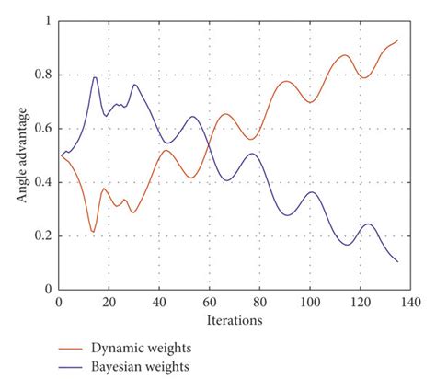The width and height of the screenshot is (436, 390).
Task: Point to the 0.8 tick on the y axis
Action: (42, 75)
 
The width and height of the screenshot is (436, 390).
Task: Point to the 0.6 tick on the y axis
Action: (42, 128)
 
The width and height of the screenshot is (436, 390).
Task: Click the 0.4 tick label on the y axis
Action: (42, 182)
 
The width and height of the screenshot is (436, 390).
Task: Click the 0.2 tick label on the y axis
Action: (42, 235)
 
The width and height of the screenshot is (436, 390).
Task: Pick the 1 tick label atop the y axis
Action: (48, 20)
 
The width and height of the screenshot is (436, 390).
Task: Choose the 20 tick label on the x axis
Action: (109, 302)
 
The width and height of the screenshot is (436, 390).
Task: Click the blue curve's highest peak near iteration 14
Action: (94, 77)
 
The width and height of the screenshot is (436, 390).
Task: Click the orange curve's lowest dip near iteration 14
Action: (93, 231)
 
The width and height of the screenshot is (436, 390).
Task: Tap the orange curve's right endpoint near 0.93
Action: (397, 40)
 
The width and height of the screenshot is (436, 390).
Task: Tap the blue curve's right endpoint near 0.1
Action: (397, 261)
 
